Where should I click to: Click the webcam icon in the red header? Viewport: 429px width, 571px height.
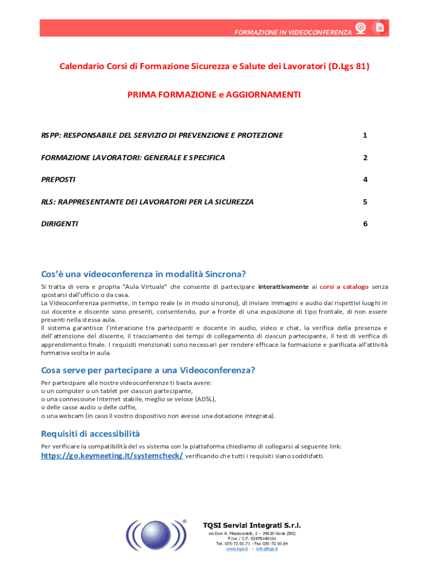pos(361,28)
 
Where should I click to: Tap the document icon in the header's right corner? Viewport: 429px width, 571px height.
pos(380,28)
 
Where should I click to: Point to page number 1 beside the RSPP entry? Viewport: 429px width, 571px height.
pos(364,136)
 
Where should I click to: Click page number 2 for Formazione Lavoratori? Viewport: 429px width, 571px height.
pos(364,158)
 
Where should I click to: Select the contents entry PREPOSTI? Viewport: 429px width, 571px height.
pos(58,180)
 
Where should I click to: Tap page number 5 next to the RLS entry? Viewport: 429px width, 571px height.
pos(364,202)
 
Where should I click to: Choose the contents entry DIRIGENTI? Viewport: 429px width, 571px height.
pos(60,224)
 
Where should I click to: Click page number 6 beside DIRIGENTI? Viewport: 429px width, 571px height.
pos(364,224)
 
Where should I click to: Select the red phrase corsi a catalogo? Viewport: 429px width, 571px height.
pos(344,287)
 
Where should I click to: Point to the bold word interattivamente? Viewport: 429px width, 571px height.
pos(283,287)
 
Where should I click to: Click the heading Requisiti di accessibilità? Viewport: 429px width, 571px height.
pos(91,434)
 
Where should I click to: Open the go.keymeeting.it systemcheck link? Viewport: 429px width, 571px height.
pos(112,456)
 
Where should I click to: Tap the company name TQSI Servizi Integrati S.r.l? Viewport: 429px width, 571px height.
pos(251,525)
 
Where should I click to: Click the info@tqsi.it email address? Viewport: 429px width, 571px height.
pos(267,549)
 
